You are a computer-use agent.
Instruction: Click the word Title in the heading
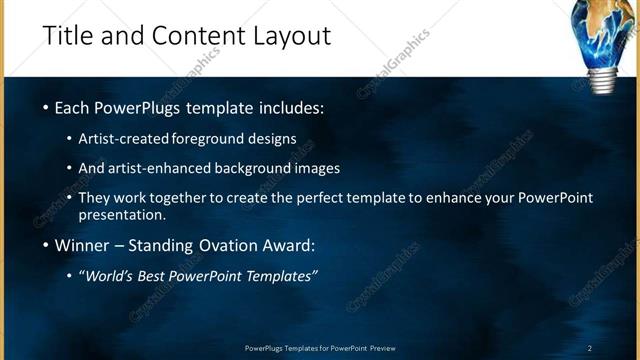(69, 36)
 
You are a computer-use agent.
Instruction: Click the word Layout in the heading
(289, 36)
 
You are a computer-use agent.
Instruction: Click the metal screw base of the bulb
(602, 78)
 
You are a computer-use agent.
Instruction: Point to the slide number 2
(590, 348)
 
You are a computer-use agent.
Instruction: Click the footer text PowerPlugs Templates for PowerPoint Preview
(320, 348)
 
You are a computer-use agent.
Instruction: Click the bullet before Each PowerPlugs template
(46, 107)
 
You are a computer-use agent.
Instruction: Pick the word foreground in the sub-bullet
(212, 139)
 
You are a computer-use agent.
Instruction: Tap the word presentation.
(122, 215)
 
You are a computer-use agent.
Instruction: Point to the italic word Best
(161, 276)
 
